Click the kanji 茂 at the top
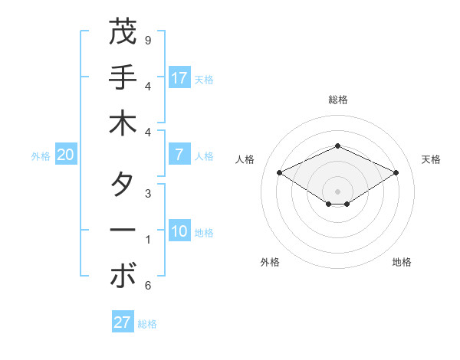pos(122,32)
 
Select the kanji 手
pos(122,78)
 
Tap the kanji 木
pos(122,124)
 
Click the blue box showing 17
pos(179,78)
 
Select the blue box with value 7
pos(179,155)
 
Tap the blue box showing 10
pos(179,231)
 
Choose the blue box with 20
pos(65,155)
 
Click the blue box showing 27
pos(122,322)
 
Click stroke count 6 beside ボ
pos(148,286)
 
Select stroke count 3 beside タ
pos(148,194)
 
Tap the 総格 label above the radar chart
pos(337,100)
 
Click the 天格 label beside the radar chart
pos(431,159)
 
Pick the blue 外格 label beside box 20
pos(41,155)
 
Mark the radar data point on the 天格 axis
pos(396,172)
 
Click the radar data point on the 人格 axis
pos(279,172)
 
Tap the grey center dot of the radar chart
pos(337,191)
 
